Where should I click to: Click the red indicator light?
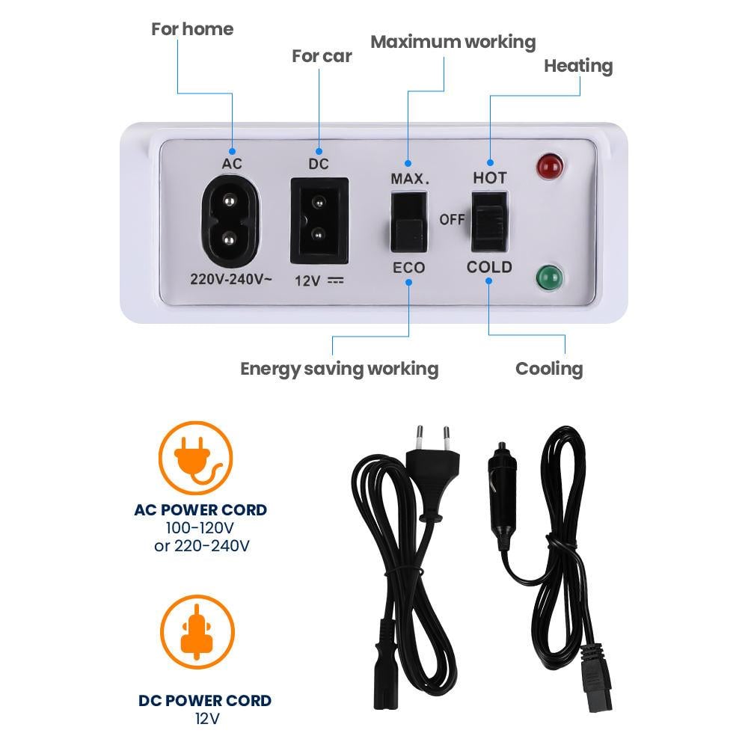(550, 166)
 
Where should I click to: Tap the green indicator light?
(549, 278)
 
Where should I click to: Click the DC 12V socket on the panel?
(319, 221)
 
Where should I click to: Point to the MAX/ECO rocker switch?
(409, 222)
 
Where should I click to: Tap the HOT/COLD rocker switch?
(489, 222)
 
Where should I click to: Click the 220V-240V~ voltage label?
(231, 278)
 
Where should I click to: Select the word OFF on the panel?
(452, 219)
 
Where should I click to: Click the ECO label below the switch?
(409, 268)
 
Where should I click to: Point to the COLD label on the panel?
(489, 267)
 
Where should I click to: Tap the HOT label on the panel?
(490, 178)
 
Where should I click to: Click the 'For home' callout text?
(192, 29)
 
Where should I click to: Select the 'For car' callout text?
(322, 56)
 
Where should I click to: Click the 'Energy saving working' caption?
(339, 370)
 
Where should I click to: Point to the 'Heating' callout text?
(578, 67)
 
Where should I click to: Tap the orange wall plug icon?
(195, 459)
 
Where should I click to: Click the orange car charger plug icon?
(197, 632)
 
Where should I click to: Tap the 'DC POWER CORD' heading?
(205, 700)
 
